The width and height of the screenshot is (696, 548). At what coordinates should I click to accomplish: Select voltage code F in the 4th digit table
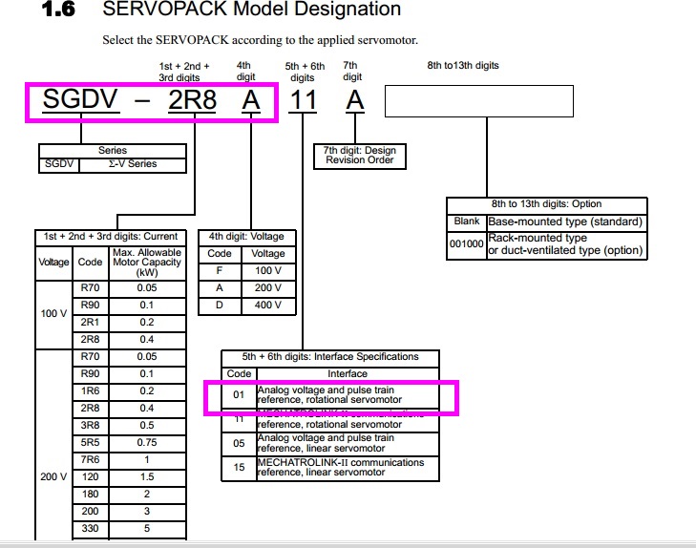(220, 270)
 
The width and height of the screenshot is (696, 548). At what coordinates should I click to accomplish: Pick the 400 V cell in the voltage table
(268, 306)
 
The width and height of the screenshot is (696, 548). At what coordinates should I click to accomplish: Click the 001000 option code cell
(467, 243)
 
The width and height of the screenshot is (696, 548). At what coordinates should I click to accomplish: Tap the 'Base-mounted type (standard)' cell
(566, 221)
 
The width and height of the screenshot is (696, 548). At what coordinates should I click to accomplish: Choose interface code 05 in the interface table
(240, 443)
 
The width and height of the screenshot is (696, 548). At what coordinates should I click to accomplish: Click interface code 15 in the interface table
(240, 468)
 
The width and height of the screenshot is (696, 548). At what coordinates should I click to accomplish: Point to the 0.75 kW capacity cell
(146, 442)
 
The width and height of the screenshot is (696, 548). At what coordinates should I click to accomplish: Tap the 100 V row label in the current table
(54, 313)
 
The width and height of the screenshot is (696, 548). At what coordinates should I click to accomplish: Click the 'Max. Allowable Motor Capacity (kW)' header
(146, 262)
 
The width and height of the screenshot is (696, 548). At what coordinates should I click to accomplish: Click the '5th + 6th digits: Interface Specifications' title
(330, 357)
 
